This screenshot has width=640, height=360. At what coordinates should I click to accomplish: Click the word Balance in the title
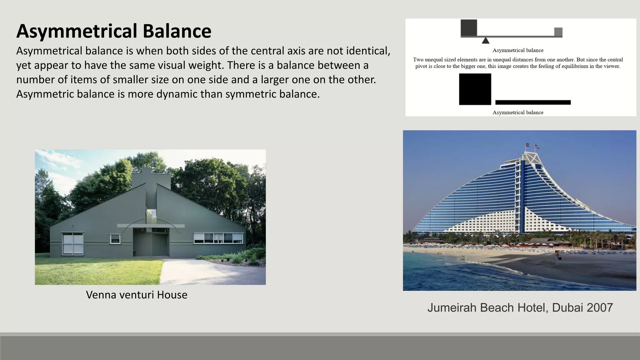pos(177,31)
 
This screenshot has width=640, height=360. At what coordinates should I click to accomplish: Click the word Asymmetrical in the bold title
pos(77,31)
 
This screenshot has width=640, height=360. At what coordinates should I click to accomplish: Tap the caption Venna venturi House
pos(137,295)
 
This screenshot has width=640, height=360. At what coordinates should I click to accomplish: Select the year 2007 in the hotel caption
pos(600,308)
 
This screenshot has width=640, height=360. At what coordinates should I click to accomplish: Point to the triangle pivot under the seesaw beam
pos(485,41)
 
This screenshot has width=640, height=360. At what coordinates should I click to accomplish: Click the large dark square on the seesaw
pos(469,28)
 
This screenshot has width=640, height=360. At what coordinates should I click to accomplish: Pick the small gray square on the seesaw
pos(558,32)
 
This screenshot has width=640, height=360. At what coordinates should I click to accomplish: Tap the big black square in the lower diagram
pos(475,89)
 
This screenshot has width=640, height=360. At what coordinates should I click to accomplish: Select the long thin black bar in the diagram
pos(533,102)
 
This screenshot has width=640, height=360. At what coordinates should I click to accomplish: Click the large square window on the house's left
pos(72,243)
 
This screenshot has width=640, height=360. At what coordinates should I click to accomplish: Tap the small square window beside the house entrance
pos(115,239)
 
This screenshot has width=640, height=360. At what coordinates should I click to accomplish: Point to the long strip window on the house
pos(218,238)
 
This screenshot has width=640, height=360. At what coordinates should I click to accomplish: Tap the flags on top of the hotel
pos(532,146)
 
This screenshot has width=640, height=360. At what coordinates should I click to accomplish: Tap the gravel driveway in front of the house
pos(200,272)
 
